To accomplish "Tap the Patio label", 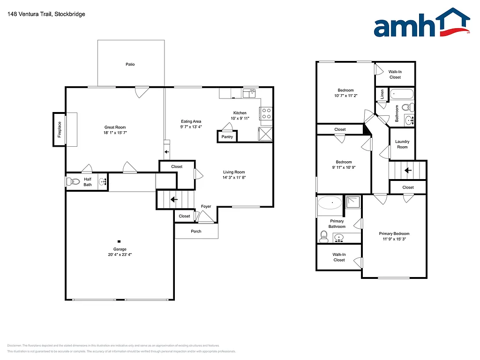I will click(130, 64).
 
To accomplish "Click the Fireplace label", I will click(60, 129).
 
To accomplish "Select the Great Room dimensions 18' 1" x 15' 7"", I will click(115, 133).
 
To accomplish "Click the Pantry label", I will click(227, 137).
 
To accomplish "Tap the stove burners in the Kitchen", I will click(266, 114).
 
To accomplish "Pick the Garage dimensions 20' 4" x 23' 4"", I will click(119, 255).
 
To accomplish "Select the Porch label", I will click(196, 231).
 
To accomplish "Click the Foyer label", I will click(206, 206).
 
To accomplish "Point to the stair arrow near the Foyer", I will click(174, 199).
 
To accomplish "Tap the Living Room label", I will click(234, 172).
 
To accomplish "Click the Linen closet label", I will click(382, 94).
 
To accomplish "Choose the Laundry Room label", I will click(402, 144).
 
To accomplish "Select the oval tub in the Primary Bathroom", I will click(330, 203).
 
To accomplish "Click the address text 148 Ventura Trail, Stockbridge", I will click(46, 14).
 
